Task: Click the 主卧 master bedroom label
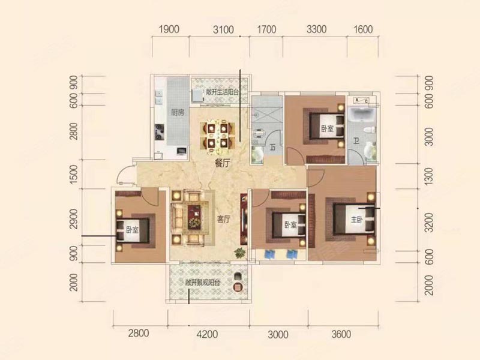tap(356, 220)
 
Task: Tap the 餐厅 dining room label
tap(222, 163)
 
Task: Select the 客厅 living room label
tap(224, 219)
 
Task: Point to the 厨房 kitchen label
tap(178, 112)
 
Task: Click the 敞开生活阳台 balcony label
tap(222, 92)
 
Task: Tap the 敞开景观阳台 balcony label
tap(203, 283)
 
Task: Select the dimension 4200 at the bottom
tap(207, 334)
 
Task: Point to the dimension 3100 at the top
tap(223, 29)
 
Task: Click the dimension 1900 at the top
tap(169, 29)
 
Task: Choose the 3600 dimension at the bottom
tap(341, 334)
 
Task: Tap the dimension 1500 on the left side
tap(74, 174)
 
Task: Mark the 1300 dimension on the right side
tap(429, 176)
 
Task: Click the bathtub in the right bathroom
tap(362, 116)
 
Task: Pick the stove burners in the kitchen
tap(159, 131)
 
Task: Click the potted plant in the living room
tap(240, 253)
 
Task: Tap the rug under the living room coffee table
tap(193, 217)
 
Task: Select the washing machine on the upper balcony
tap(197, 96)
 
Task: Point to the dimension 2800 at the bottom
tap(139, 333)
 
